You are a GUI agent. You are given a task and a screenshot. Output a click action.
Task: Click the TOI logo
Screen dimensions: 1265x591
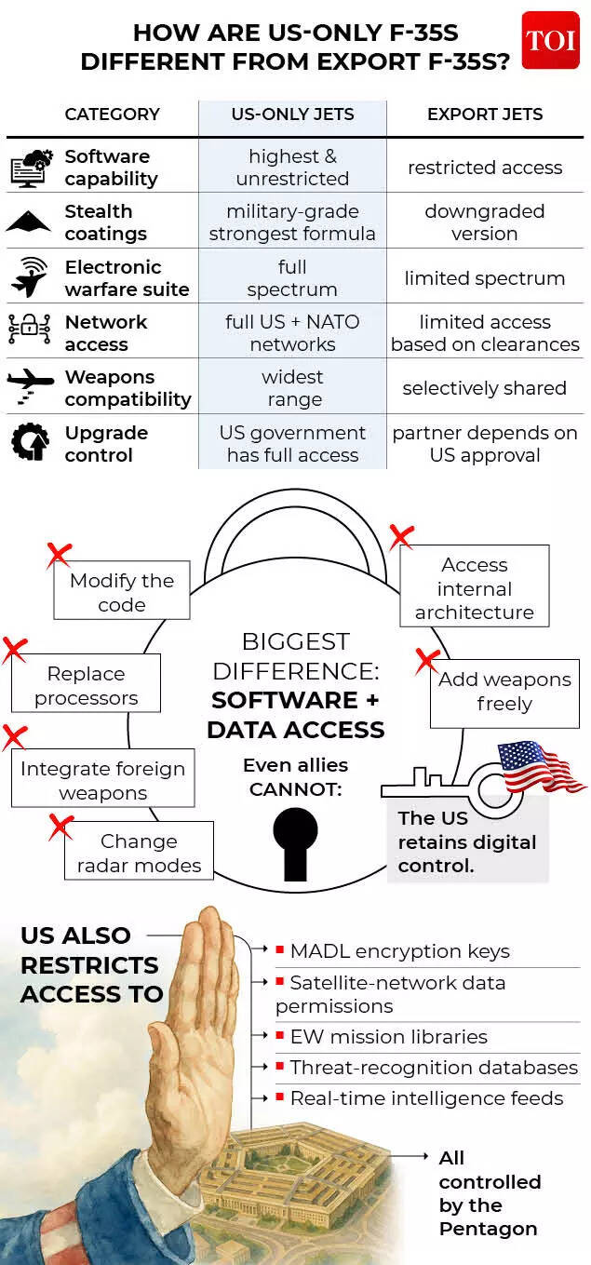[550, 41]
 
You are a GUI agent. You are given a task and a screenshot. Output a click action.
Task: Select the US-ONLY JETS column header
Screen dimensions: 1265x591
[292, 114]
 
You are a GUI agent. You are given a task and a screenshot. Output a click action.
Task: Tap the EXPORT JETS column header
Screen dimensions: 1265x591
[485, 114]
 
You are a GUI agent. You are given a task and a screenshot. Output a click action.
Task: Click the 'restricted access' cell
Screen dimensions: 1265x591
[485, 168]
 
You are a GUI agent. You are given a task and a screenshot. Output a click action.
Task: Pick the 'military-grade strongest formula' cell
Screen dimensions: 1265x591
[292, 222]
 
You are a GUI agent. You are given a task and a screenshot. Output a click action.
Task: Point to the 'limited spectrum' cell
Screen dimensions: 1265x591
[485, 278]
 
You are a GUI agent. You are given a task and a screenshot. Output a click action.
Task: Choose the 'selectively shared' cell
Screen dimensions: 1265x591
[485, 388]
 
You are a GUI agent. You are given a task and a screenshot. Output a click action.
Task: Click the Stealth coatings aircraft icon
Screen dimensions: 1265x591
[29, 222]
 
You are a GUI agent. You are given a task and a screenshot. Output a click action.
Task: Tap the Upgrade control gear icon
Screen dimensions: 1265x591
[30, 443]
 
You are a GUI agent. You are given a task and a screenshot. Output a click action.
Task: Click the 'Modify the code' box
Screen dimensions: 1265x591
[122, 592]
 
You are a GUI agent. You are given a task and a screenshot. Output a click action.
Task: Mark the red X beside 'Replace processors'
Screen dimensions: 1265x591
[14, 650]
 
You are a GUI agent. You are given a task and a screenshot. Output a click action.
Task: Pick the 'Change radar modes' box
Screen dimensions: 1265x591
[139, 853]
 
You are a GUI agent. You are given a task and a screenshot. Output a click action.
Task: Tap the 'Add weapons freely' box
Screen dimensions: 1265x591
[504, 692]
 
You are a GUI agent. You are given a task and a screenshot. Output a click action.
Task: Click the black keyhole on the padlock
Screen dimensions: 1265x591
[295, 841]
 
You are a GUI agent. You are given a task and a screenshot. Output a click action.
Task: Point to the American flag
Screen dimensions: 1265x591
[539, 766]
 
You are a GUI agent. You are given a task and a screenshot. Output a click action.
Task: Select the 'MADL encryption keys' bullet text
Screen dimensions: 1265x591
[399, 951]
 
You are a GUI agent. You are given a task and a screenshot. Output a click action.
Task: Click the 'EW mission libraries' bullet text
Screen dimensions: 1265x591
[388, 1036]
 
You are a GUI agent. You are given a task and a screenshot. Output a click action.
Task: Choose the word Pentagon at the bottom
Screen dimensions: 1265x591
[488, 1229]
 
